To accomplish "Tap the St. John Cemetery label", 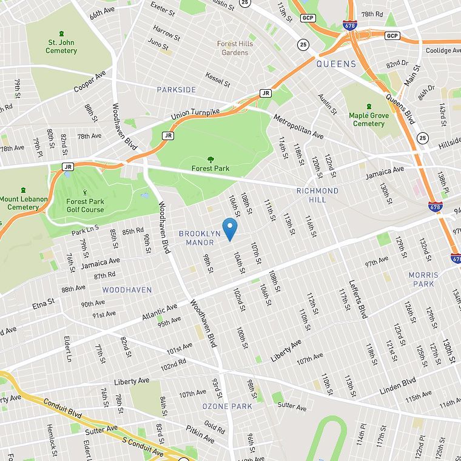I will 61,46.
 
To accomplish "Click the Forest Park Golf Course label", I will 85,206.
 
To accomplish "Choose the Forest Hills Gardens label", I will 235,48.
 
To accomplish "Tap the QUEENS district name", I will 336,64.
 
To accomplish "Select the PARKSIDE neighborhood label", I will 177,90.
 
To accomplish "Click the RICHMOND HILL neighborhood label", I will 317,195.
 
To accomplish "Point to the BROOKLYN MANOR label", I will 200,238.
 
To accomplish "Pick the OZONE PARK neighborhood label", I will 227,406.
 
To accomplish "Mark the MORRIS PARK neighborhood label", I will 423,279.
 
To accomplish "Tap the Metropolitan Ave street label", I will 297,127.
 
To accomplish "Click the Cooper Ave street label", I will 89,81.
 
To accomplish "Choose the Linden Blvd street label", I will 397,385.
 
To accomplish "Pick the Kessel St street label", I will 217,78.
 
